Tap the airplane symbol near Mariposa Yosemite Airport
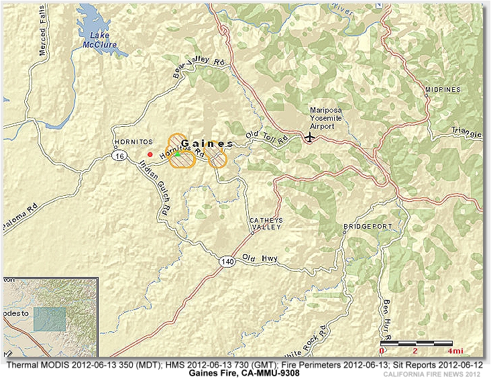pyautogui.click(x=309, y=137)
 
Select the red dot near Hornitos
pyautogui.click(x=150, y=154)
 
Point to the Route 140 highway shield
pyautogui.click(x=229, y=262)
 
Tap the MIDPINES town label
pyautogui.click(x=443, y=89)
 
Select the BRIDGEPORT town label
pyautogui.click(x=368, y=227)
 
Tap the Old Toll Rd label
pyautogui.click(x=266, y=137)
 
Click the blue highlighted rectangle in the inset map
pyautogui.click(x=50, y=319)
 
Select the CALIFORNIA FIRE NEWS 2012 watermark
pyautogui.click(x=432, y=374)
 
